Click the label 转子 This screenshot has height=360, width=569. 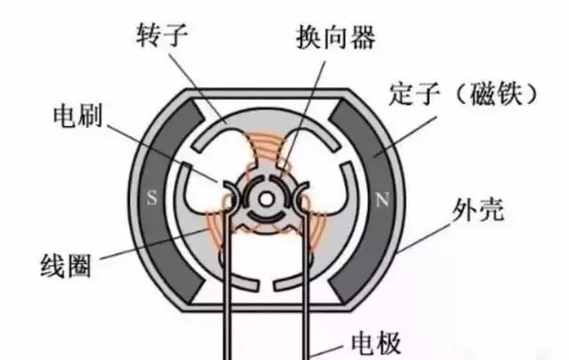[x=162, y=35]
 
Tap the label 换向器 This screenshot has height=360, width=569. [x=336, y=37]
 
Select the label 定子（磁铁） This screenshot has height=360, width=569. [x=462, y=94]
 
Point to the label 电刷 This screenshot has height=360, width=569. [x=77, y=116]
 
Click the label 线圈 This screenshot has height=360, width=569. [x=66, y=266]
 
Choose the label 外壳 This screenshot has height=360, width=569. [x=478, y=210]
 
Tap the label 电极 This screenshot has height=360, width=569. [x=376, y=343]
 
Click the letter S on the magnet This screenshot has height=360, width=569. [x=152, y=198]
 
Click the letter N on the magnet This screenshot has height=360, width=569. [x=381, y=199]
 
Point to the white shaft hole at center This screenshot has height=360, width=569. [x=266, y=199]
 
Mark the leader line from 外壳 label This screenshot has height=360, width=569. [x=425, y=238]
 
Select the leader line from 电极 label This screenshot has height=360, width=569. [x=327, y=350]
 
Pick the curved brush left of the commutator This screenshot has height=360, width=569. [x=231, y=196]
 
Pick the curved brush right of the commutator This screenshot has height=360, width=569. [x=301, y=196]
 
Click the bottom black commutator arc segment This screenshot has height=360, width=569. [x=266, y=217]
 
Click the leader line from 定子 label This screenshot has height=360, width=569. [x=405, y=137]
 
